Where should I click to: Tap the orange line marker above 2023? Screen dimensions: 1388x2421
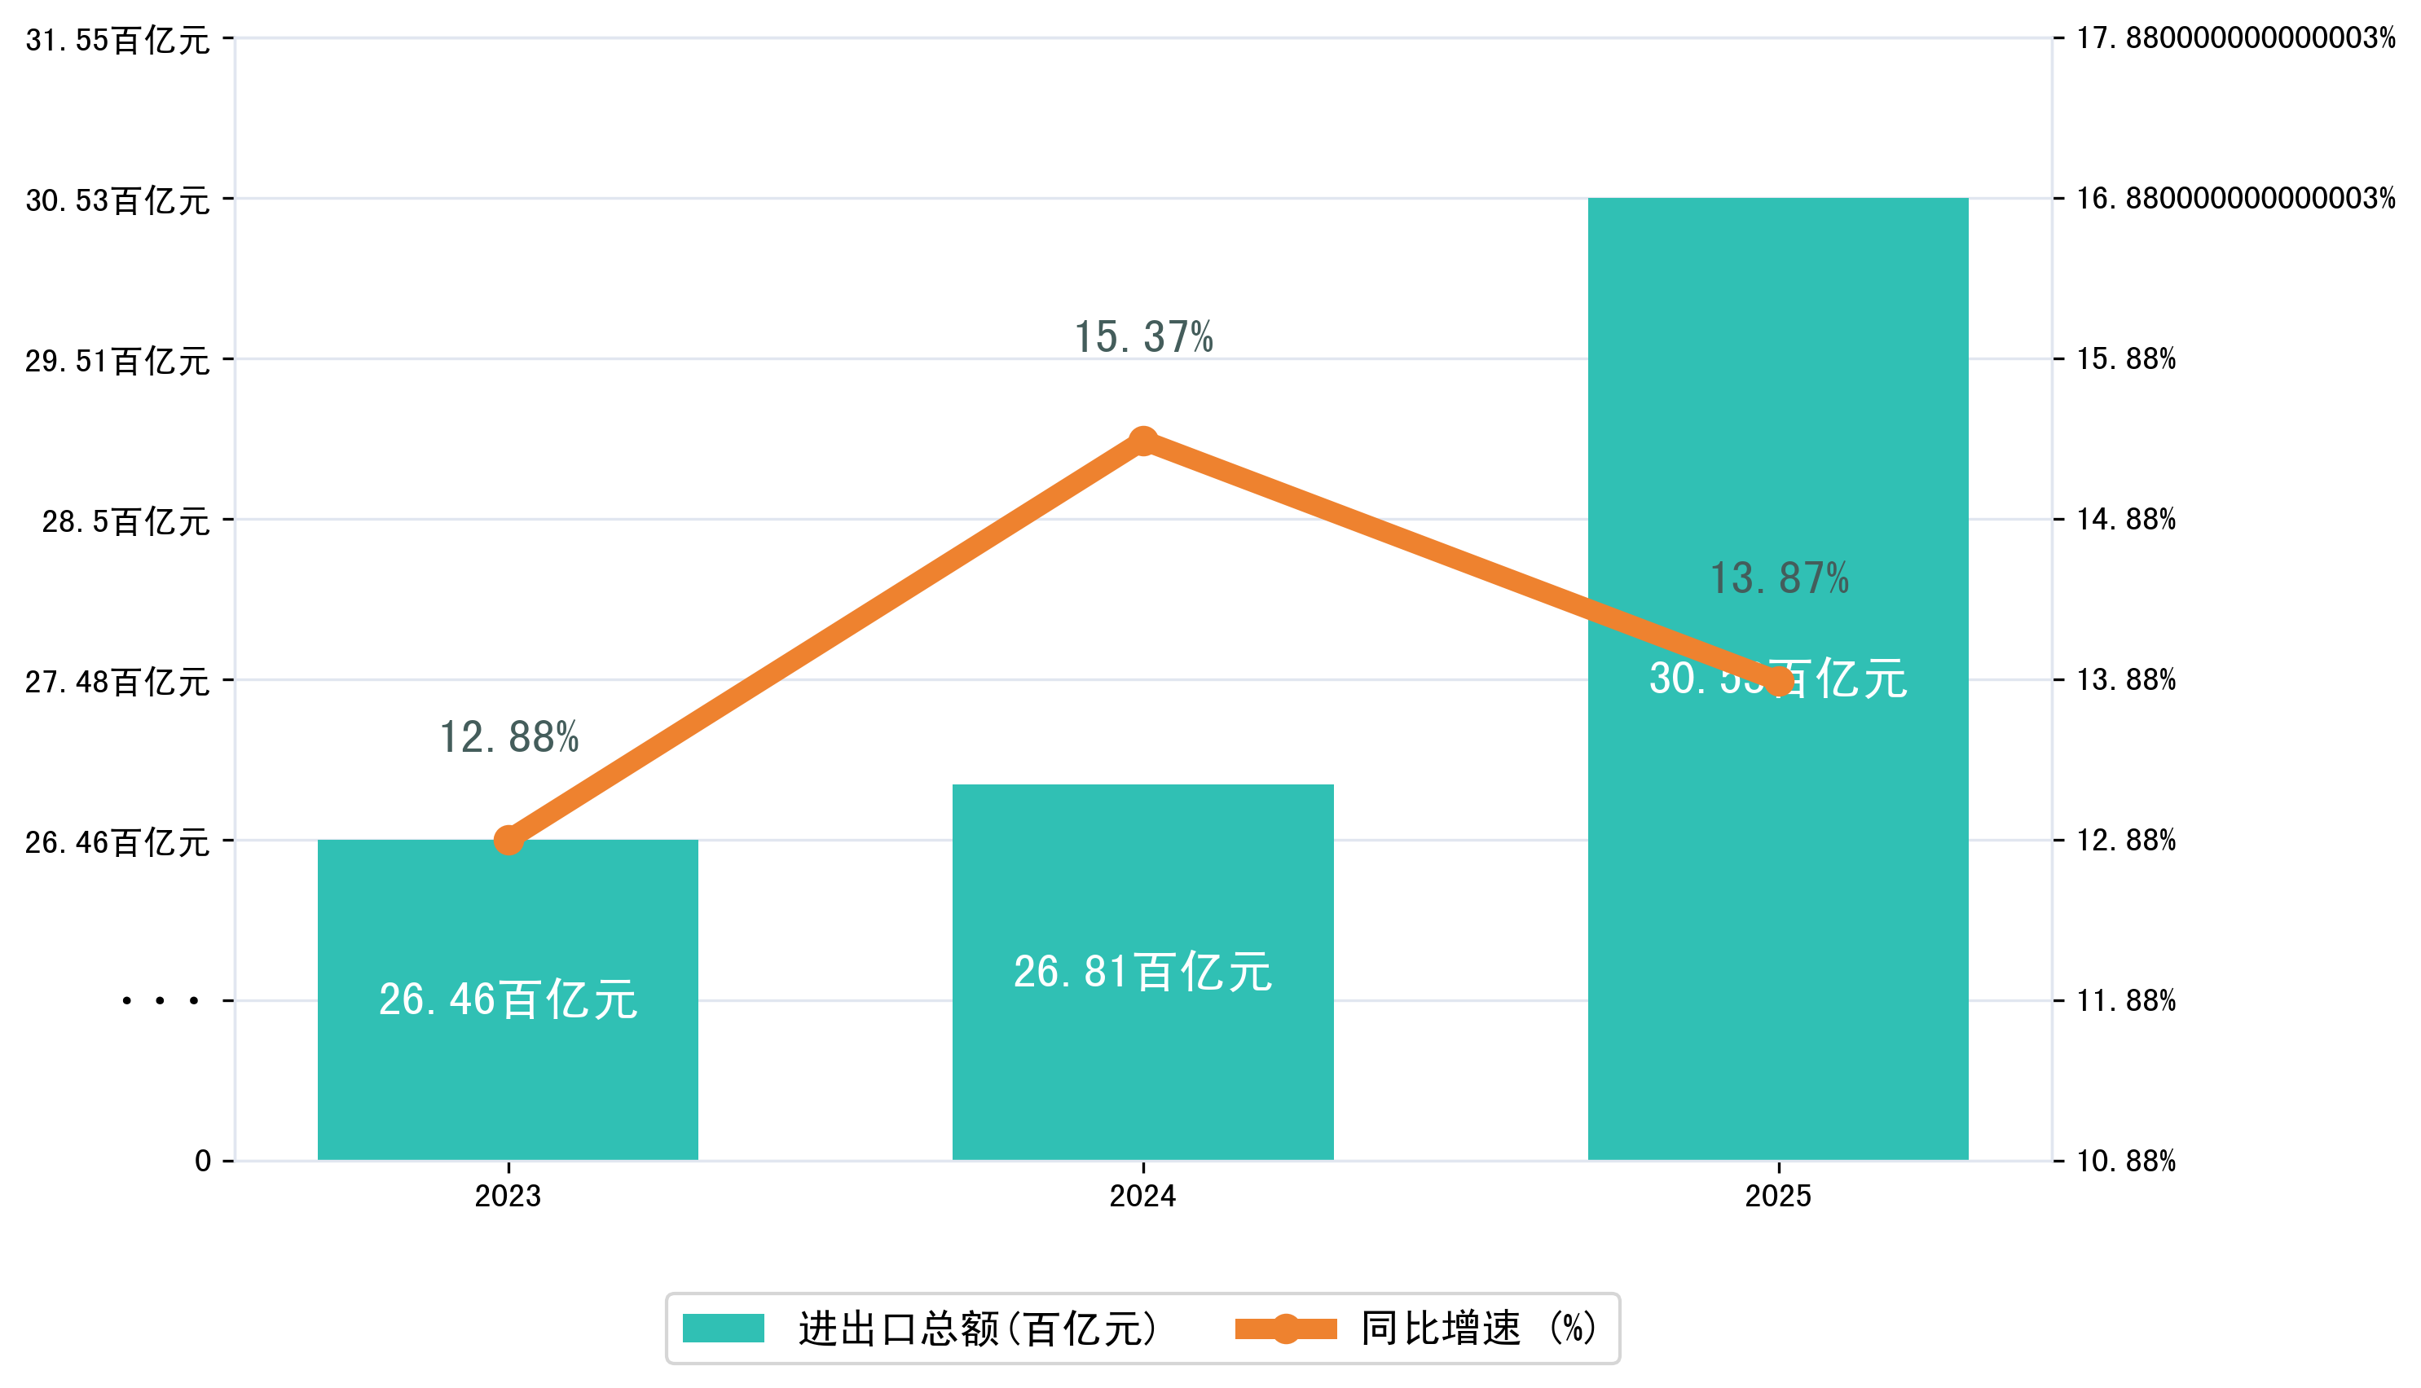click(508, 840)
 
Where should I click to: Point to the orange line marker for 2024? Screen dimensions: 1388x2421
click(1142, 441)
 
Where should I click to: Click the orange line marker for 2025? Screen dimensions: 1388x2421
click(1778, 682)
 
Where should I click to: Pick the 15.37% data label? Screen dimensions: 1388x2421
click(1142, 337)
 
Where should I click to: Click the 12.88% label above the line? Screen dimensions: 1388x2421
click(508, 738)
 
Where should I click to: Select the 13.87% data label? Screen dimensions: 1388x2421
click(1778, 578)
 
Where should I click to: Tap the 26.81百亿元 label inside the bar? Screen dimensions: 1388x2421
click(1142, 973)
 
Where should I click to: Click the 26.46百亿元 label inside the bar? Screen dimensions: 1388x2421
click(508, 1000)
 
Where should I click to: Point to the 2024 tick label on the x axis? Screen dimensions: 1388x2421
click(1142, 1196)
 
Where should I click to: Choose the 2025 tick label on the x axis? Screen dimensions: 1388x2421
click(1777, 1196)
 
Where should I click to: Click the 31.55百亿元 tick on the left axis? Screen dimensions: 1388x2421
click(117, 40)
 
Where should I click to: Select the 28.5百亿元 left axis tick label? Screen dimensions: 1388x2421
click(125, 521)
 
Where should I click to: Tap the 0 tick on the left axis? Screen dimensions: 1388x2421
click(202, 1161)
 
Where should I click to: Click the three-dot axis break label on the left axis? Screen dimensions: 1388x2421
click(161, 1001)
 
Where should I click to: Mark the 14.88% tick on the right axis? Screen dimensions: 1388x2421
click(2125, 520)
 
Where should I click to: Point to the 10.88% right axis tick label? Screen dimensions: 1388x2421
click(2125, 1161)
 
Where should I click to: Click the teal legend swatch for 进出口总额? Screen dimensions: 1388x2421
click(723, 1328)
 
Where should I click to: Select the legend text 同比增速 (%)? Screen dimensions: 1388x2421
click(1478, 1328)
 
